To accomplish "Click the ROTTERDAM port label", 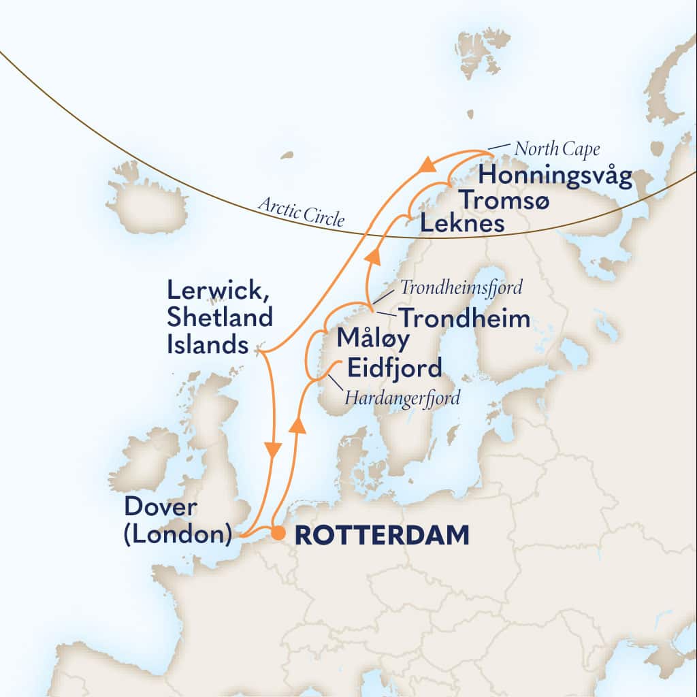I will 381,535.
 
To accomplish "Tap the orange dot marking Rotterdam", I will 278,534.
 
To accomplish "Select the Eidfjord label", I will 394,368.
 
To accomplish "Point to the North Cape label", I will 557,148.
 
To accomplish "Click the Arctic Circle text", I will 301,210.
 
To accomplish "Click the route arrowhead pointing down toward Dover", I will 273,450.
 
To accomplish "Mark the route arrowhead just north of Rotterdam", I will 296,425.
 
